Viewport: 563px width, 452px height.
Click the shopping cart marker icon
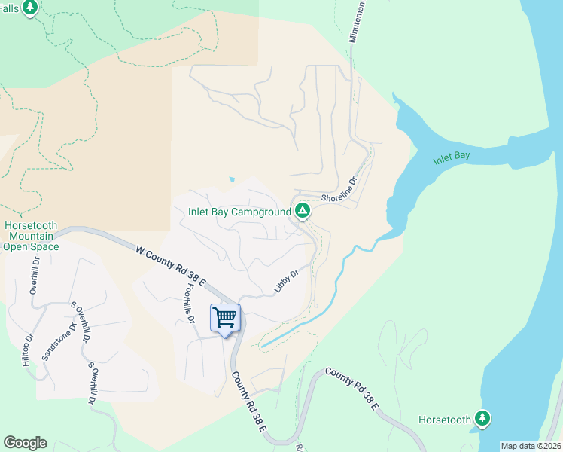click(225, 319)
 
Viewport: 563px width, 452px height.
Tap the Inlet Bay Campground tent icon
click(302, 211)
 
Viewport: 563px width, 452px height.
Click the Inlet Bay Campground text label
click(239, 212)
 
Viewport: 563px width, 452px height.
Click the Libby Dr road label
click(286, 280)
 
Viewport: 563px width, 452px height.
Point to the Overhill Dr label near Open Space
click(33, 279)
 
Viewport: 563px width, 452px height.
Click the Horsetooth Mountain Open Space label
click(31, 236)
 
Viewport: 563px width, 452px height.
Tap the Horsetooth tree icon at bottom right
click(482, 418)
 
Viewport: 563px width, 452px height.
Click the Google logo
click(25, 443)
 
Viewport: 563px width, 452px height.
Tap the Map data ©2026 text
click(531, 446)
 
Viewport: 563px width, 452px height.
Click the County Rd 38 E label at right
click(352, 388)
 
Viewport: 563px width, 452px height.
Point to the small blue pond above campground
click(233, 179)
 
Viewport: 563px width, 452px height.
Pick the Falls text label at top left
click(9, 8)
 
